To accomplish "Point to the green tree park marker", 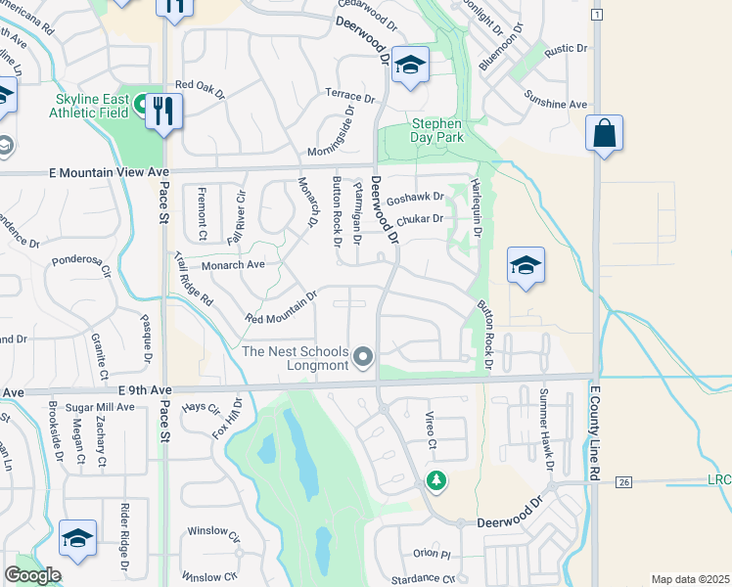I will click(x=435, y=481).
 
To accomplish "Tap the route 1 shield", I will click(x=596, y=15).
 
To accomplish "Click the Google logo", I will click(x=32, y=575).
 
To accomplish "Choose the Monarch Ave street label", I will click(x=234, y=265).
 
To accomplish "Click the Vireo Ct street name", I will click(x=430, y=432).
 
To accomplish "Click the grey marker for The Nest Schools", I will click(x=364, y=357).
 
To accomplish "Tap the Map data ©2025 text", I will click(x=691, y=579).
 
